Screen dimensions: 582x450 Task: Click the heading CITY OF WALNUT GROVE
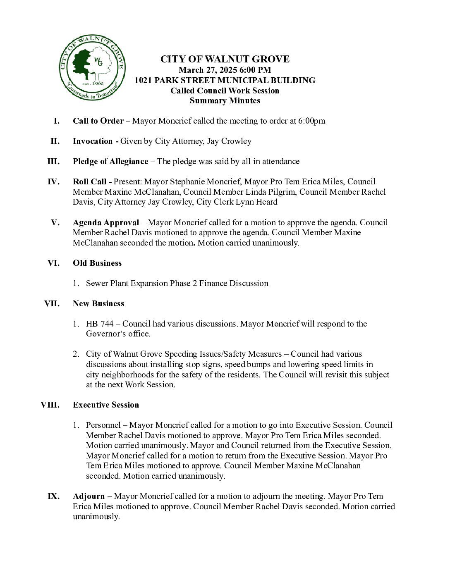tap(225, 59)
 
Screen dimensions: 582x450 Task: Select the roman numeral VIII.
tap(50, 405)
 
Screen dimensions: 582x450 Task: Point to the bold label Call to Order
tap(98, 121)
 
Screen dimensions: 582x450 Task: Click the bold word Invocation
tap(93, 141)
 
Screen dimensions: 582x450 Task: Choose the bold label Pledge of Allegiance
tap(110, 161)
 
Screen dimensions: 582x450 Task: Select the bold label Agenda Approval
tap(106, 222)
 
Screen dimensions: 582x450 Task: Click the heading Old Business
tap(97, 263)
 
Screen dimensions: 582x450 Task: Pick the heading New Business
tap(98, 303)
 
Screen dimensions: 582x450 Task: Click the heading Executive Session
tap(106, 405)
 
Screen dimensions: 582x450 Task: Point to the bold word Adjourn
tap(89, 496)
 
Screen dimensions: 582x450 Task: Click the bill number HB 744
tap(100, 324)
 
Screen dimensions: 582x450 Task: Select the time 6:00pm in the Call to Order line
tap(311, 121)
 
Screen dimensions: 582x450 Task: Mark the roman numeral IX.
tap(53, 496)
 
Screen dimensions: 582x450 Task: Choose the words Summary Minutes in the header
tap(225, 100)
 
